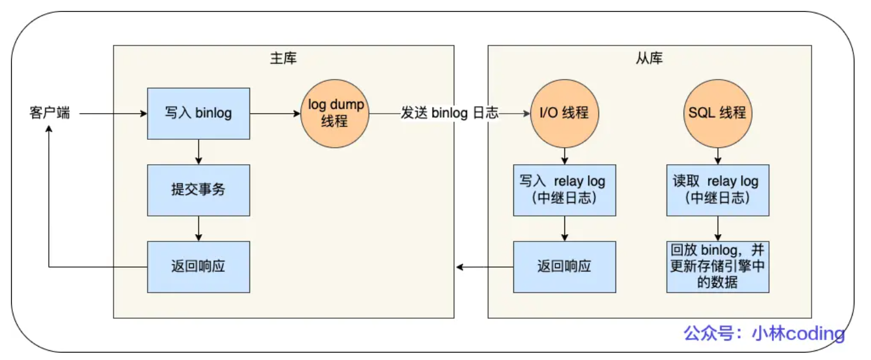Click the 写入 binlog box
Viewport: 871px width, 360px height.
[x=198, y=113]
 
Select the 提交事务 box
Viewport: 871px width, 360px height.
[x=198, y=190]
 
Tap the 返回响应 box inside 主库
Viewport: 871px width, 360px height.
[x=198, y=266]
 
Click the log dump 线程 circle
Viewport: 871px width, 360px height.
[x=336, y=113]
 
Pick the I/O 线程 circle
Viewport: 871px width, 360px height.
[x=565, y=113]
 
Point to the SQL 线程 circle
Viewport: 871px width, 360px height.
[x=718, y=113]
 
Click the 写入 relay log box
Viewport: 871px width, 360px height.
[x=565, y=190]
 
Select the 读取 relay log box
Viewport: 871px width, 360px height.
[x=718, y=190]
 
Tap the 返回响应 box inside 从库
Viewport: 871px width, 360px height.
[x=565, y=266]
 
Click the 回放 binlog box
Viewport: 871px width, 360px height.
[x=718, y=266]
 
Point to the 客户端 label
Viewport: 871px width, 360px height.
[x=49, y=113]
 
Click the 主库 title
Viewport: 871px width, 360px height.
[x=283, y=58]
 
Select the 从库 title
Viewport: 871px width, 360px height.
[x=649, y=58]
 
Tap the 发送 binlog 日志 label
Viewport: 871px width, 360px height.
[x=449, y=113]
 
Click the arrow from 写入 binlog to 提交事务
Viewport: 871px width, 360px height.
[x=198, y=151]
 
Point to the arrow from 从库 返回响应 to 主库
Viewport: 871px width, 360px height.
[x=484, y=266]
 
